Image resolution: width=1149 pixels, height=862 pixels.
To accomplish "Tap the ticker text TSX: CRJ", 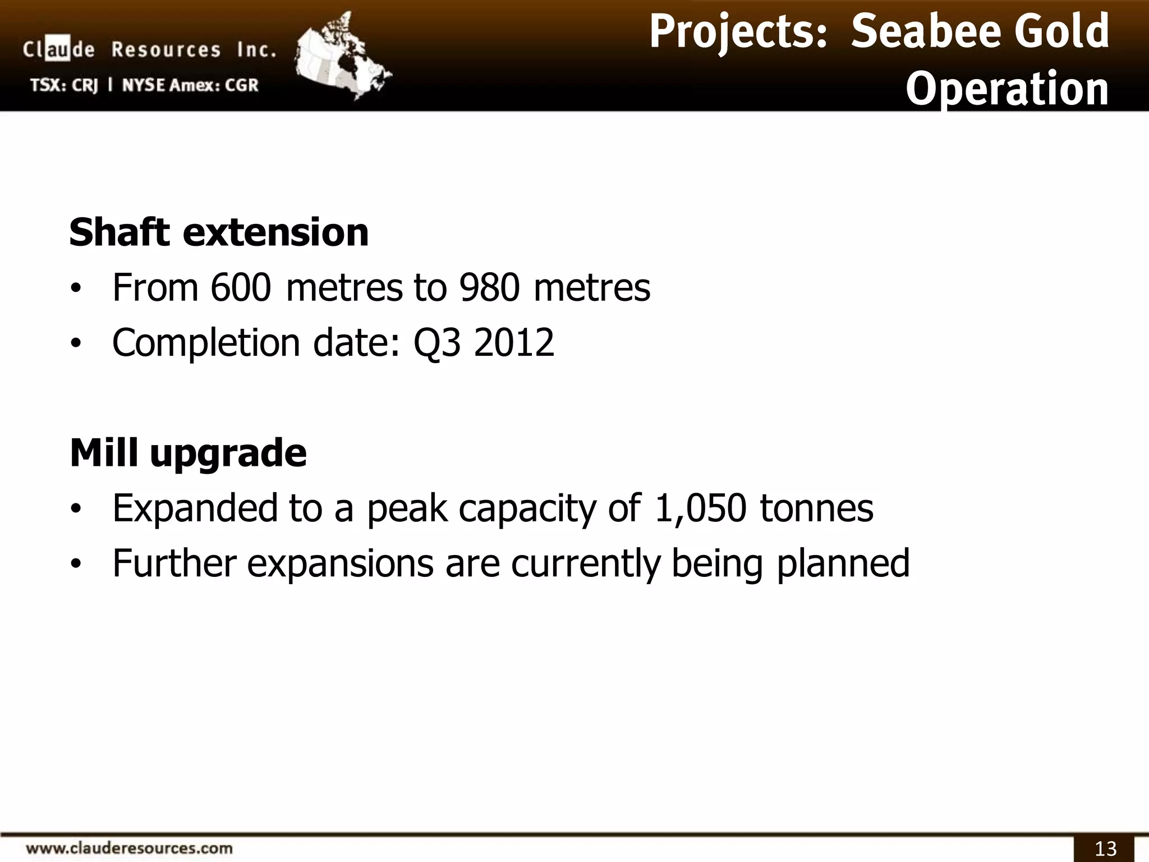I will [x=64, y=85].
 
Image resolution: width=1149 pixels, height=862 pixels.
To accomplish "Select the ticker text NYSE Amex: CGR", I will [x=190, y=85].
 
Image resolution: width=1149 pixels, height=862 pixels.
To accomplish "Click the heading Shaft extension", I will [x=219, y=232].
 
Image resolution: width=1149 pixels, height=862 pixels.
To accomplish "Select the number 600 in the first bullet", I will [x=241, y=288].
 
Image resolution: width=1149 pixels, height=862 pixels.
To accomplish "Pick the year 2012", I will [x=514, y=343].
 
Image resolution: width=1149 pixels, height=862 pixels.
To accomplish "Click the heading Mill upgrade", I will [x=188, y=453].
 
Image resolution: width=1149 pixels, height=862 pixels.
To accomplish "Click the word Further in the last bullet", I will [x=174, y=563].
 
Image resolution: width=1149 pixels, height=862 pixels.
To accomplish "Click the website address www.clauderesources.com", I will [x=129, y=847].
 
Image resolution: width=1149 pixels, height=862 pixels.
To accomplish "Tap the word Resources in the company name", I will [x=166, y=51].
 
